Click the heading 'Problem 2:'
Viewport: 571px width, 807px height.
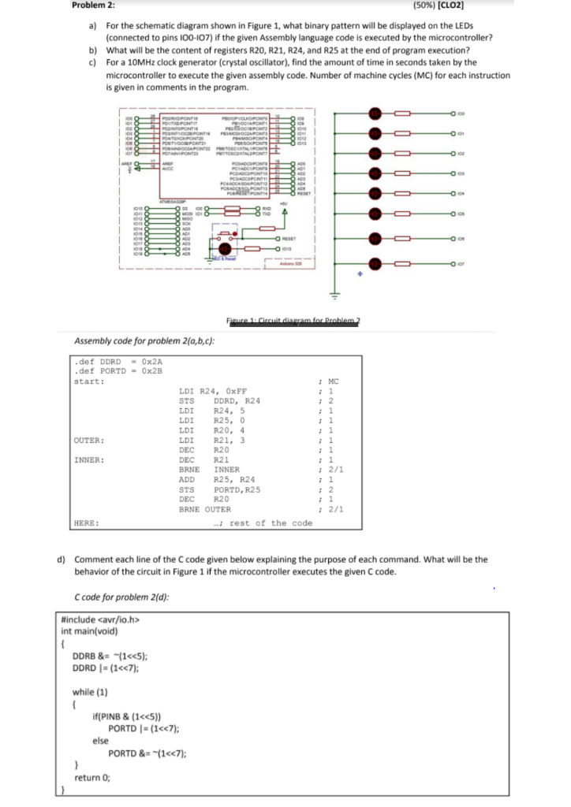point(93,6)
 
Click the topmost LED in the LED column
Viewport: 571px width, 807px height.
point(376,113)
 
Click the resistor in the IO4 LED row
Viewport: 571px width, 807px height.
point(402,194)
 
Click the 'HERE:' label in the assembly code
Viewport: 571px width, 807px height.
point(85,523)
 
